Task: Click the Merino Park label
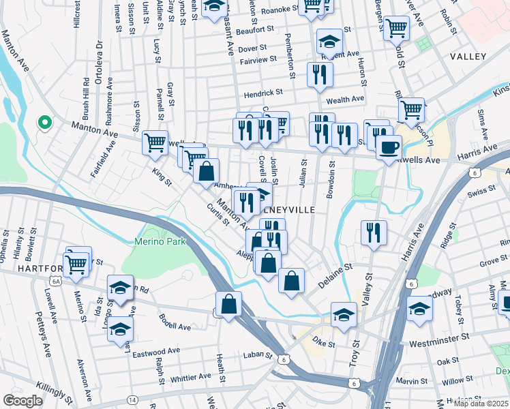(154, 241)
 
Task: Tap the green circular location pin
(45, 123)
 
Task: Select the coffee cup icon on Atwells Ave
(389, 147)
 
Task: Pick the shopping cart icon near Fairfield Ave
(155, 142)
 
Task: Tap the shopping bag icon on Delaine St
(291, 280)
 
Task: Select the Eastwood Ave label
(156, 351)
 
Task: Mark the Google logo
(22, 401)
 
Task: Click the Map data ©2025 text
(481, 403)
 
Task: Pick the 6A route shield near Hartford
(56, 280)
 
